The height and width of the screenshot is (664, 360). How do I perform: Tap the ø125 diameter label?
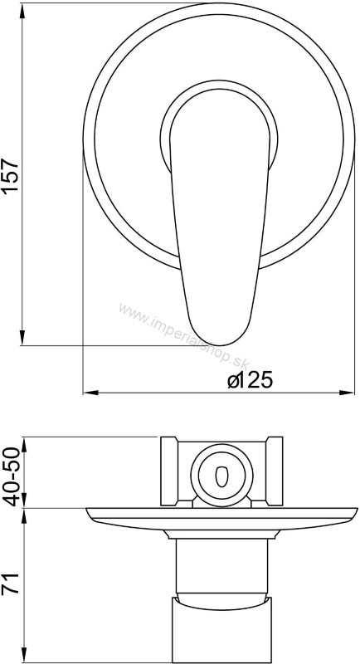pos(250,380)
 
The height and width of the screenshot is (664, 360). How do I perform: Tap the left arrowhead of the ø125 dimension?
pos(90,393)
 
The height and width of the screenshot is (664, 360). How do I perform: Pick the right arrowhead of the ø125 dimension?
pos(347,393)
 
